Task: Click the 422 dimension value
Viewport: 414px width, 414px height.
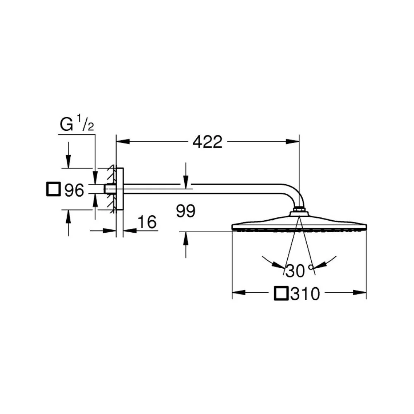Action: (207, 142)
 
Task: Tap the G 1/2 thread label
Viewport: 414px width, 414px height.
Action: (77, 123)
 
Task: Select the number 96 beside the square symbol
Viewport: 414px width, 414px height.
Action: (74, 190)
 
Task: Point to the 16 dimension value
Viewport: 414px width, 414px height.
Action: (147, 222)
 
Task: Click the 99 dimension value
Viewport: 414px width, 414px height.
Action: (186, 211)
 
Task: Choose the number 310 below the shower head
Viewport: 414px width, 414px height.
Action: (305, 294)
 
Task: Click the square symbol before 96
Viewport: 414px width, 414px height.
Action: (53, 189)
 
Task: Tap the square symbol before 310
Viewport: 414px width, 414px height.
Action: (281, 293)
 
